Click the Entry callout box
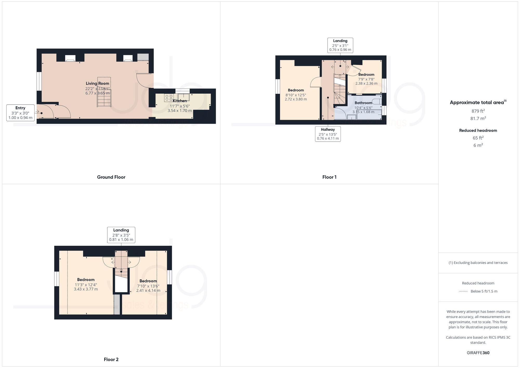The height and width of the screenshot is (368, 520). pyautogui.click(x=20, y=113)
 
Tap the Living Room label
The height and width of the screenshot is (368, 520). pyautogui.click(x=97, y=83)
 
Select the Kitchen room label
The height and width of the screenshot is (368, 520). pyautogui.click(x=180, y=101)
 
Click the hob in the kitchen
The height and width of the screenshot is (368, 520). pyautogui.click(x=169, y=98)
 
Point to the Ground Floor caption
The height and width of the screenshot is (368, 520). pyautogui.click(x=111, y=177)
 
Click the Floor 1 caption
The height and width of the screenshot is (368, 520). pyautogui.click(x=329, y=177)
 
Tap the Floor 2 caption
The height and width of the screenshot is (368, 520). pyautogui.click(x=111, y=359)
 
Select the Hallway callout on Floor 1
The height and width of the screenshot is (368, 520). pyautogui.click(x=328, y=134)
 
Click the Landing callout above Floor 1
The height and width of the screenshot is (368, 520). pyautogui.click(x=340, y=45)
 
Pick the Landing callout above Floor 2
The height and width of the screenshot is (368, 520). pyautogui.click(x=121, y=235)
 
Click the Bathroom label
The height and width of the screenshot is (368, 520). pyautogui.click(x=363, y=103)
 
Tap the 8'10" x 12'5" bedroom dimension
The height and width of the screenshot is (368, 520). pyautogui.click(x=296, y=95)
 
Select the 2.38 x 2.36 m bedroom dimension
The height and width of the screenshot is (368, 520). pyautogui.click(x=366, y=83)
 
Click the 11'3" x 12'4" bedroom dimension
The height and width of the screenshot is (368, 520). pyautogui.click(x=86, y=285)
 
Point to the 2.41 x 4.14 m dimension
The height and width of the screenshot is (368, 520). pyautogui.click(x=148, y=290)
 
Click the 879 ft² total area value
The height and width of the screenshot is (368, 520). pyautogui.click(x=478, y=111)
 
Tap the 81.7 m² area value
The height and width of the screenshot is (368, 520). pyautogui.click(x=478, y=118)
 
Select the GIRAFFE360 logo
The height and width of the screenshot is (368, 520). pyautogui.click(x=478, y=353)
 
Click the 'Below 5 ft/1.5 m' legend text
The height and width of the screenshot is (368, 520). pyautogui.click(x=484, y=291)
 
